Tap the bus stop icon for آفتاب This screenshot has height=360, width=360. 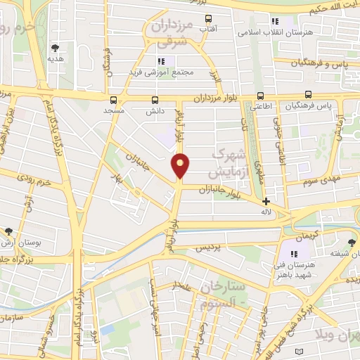point(207,19)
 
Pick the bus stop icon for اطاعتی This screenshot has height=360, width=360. point(261,96)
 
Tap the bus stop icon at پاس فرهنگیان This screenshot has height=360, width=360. point(308,95)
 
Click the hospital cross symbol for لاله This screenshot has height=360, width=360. point(266,201)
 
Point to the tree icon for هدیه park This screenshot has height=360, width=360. point(55,48)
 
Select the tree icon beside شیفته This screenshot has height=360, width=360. point(352,243)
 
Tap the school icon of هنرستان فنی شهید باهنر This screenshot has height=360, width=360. point(295,254)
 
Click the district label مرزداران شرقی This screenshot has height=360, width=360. point(171,33)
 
